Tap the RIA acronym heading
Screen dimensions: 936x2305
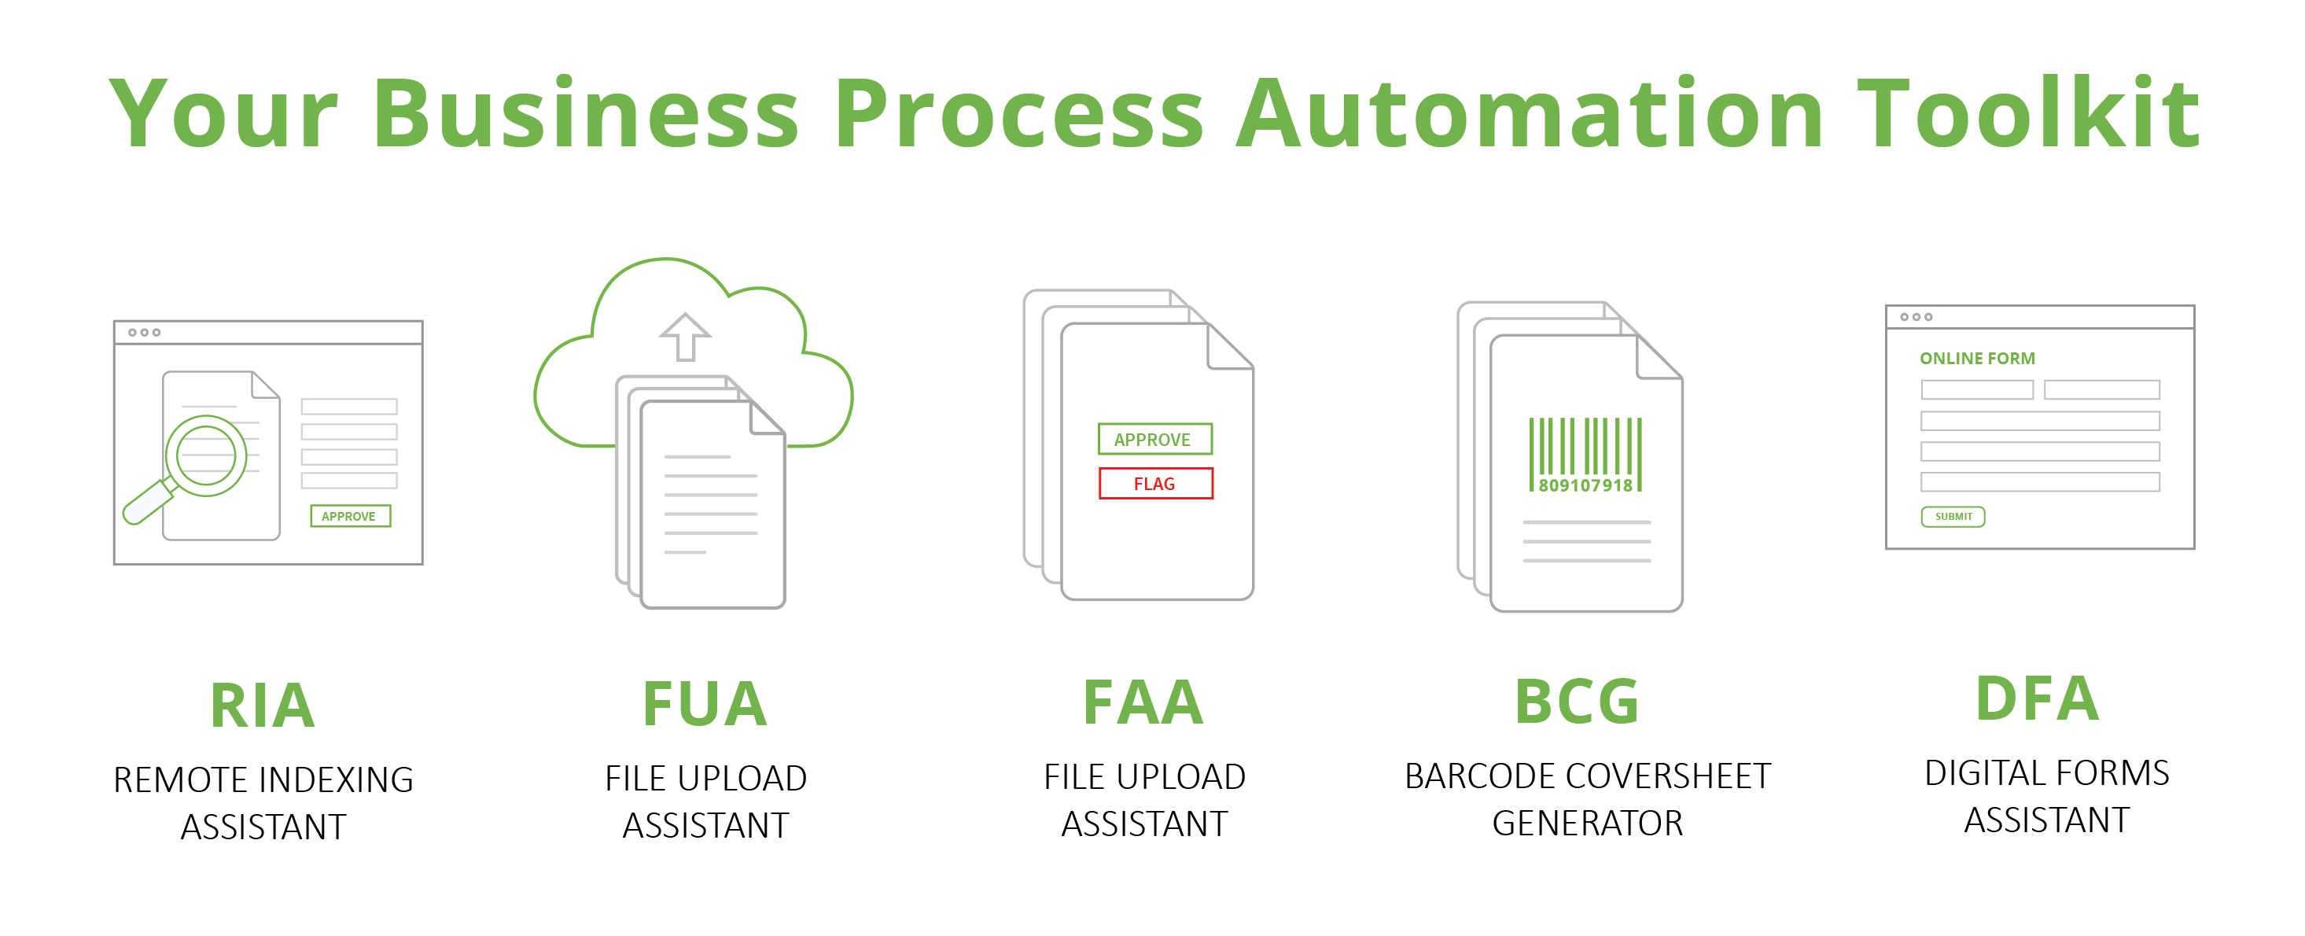point(262,706)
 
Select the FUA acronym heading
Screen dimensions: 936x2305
point(705,704)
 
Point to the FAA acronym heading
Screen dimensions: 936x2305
point(1143,702)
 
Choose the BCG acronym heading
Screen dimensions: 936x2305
point(1577,702)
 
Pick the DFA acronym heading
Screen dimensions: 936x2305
point(2038,699)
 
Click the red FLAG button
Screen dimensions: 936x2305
point(1155,483)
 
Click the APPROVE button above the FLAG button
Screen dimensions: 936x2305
point(1154,440)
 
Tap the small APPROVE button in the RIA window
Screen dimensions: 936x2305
point(350,516)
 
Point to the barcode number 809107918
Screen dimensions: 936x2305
point(1585,486)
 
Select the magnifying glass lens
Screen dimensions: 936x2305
point(206,455)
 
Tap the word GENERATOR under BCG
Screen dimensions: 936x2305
point(1587,824)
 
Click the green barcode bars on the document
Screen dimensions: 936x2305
point(1585,447)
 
